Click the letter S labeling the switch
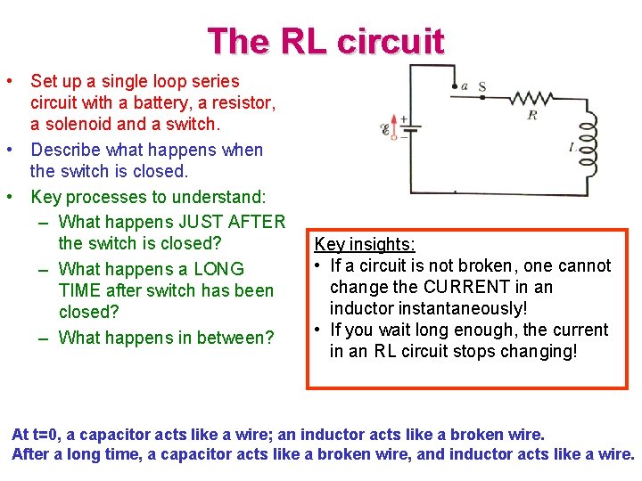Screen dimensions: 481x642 click(x=481, y=86)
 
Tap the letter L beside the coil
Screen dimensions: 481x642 click(x=571, y=147)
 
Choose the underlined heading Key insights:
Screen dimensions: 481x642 click(x=365, y=244)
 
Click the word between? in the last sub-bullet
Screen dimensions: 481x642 click(x=231, y=338)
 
